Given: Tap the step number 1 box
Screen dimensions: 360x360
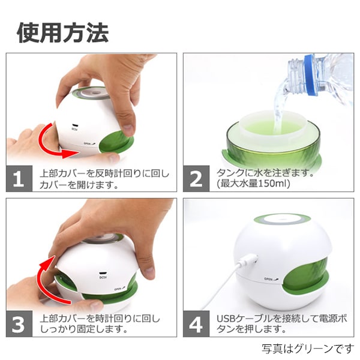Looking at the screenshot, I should (19, 179).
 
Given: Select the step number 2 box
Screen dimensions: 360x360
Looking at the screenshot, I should (196, 179).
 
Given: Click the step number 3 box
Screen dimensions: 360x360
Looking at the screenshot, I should (19, 324).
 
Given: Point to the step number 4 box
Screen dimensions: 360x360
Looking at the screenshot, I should (196, 324).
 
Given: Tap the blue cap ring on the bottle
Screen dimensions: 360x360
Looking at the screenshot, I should (310, 75).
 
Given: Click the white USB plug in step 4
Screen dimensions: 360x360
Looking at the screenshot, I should (247, 262).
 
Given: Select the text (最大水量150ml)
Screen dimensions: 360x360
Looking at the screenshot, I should (250, 184).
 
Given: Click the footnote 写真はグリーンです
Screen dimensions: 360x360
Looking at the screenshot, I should (307, 349).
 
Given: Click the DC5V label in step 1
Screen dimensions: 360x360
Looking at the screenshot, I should (75, 127).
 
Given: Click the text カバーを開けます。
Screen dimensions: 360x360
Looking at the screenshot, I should (77, 185).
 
